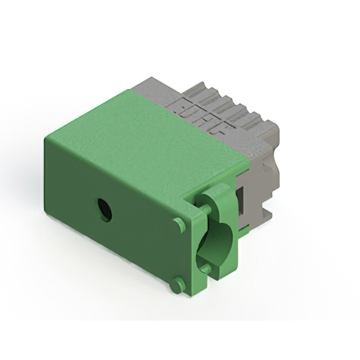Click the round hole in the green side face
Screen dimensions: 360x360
click(x=104, y=210)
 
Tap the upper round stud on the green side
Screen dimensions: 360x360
click(x=179, y=224)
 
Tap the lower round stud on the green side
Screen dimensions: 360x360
click(x=178, y=285)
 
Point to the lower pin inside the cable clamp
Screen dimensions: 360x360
click(x=206, y=269)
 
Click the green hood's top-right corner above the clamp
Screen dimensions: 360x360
click(x=247, y=159)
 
